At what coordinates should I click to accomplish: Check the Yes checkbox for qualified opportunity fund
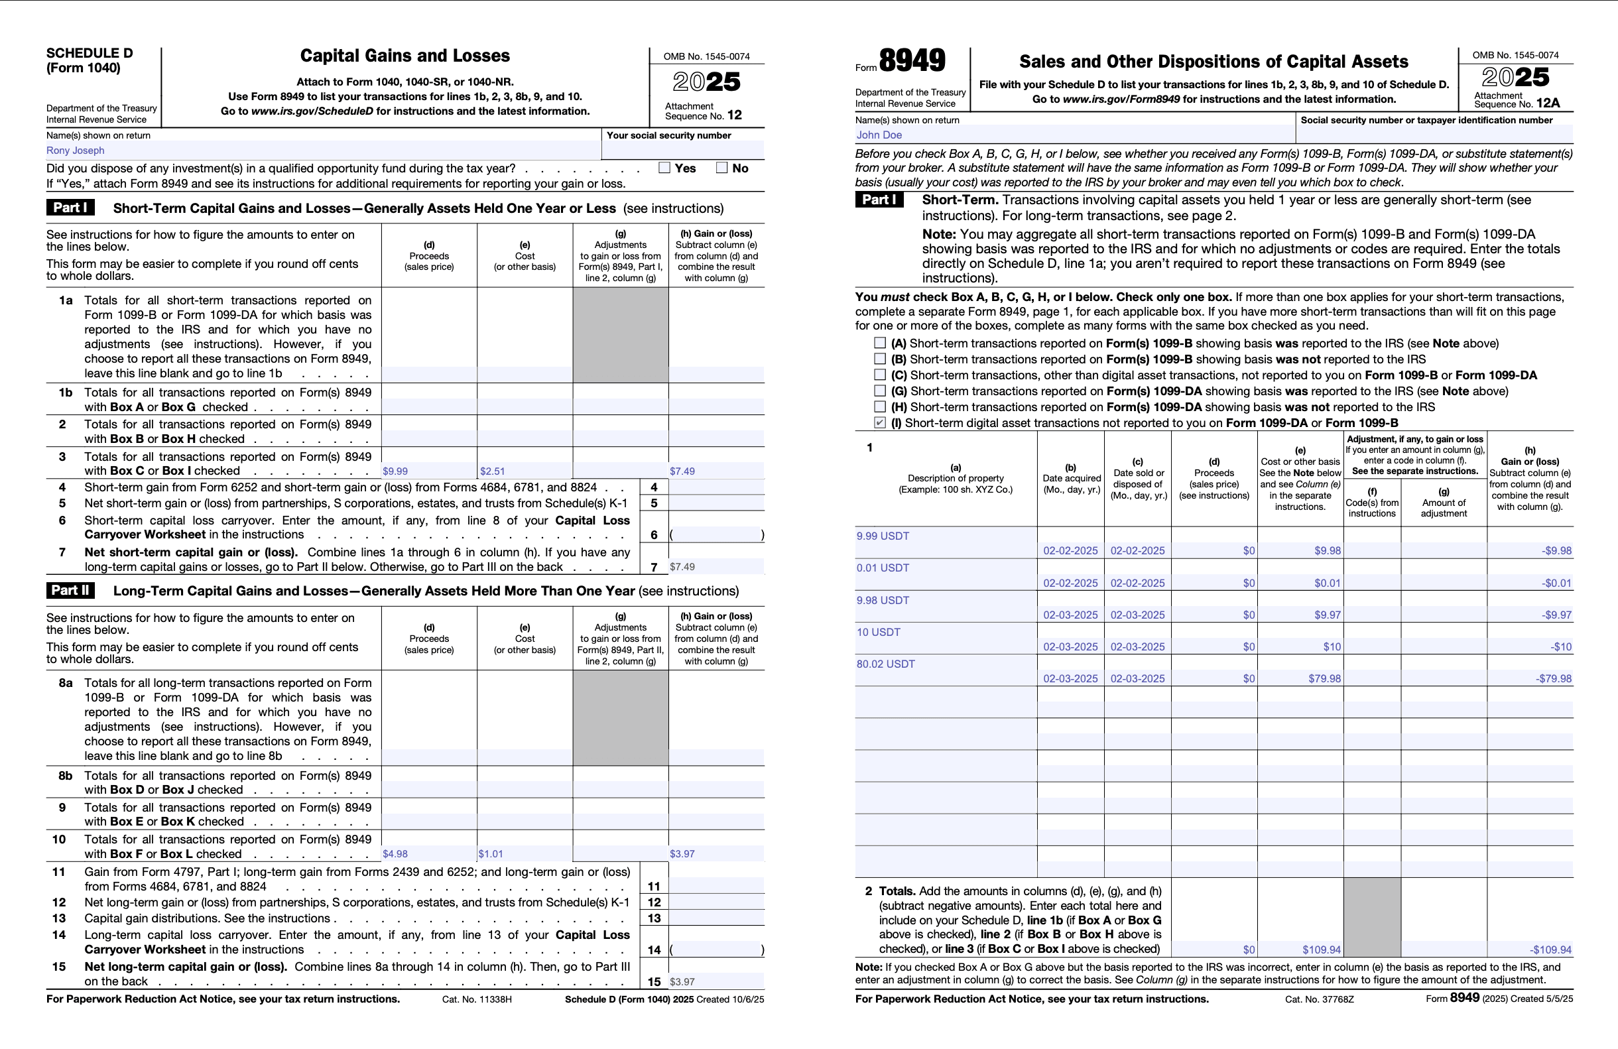[664, 168]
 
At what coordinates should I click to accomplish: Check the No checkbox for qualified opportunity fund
[722, 168]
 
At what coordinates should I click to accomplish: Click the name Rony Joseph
[76, 151]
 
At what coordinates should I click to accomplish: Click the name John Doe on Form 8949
[879, 135]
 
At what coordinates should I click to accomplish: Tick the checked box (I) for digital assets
[880, 423]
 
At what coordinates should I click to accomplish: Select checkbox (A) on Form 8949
[880, 343]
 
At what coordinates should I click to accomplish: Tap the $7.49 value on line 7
[682, 567]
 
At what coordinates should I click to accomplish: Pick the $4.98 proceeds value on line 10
[395, 854]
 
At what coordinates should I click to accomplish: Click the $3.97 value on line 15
[682, 981]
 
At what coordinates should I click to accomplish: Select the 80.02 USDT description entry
[885, 664]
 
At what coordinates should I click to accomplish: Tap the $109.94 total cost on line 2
[1321, 950]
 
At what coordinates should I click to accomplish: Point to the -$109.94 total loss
[1550, 950]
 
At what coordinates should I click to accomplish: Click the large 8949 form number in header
[912, 60]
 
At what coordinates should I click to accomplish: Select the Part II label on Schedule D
[70, 590]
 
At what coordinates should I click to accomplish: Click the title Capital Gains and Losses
[404, 56]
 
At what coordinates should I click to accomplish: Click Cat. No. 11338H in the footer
[477, 999]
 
